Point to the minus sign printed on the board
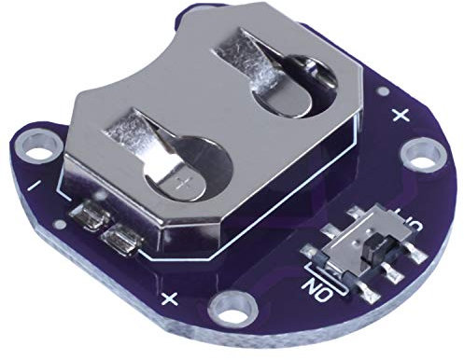[x=35, y=187]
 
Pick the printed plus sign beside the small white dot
[x=401, y=116]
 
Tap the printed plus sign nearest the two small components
[x=170, y=298]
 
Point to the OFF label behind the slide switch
[x=408, y=225]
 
